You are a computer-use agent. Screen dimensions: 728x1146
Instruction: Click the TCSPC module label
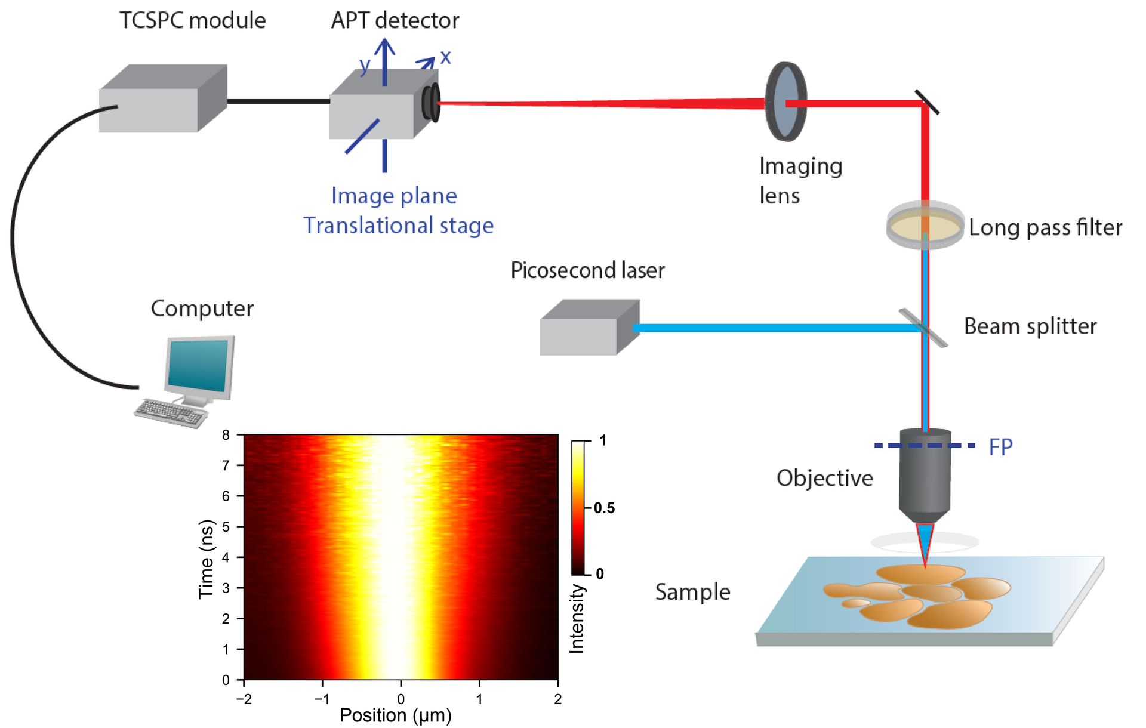(x=192, y=21)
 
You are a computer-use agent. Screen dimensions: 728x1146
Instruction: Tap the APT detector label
(x=395, y=21)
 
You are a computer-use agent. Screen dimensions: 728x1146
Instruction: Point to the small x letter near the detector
(x=445, y=57)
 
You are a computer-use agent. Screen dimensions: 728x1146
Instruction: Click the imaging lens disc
(x=785, y=101)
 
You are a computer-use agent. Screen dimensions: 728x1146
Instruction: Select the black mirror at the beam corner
(x=927, y=102)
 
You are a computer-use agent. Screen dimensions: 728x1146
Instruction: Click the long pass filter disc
(x=925, y=226)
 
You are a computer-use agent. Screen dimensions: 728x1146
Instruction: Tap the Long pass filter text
(x=1045, y=227)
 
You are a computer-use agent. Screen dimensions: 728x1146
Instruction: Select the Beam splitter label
(x=1030, y=326)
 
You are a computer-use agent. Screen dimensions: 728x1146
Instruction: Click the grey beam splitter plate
(x=923, y=327)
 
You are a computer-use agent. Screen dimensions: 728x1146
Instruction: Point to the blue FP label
(x=1000, y=447)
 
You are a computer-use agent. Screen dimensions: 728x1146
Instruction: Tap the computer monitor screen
(x=199, y=363)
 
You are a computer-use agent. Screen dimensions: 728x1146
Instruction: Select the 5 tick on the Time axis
(x=226, y=526)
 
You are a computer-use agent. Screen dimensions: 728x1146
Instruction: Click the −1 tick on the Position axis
(x=322, y=699)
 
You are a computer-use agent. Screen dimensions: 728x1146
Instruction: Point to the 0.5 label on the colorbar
(x=604, y=508)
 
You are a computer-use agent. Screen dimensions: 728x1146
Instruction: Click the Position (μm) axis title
(x=395, y=715)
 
